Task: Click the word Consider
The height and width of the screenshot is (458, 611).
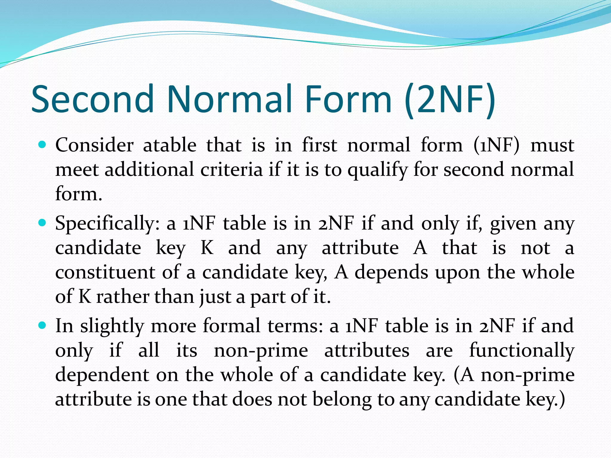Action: pyautogui.click(x=94, y=145)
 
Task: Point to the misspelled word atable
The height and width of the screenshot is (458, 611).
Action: pyautogui.click(x=170, y=145)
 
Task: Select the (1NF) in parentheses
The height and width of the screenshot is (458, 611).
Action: pyautogui.click(x=496, y=145)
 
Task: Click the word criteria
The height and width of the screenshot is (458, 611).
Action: pyautogui.click(x=232, y=170)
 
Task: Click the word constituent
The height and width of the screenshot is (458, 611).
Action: pyautogui.click(x=105, y=273)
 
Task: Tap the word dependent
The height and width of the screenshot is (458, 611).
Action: pyautogui.click(x=102, y=375)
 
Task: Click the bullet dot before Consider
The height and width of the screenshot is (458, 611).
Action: pyautogui.click(x=42, y=145)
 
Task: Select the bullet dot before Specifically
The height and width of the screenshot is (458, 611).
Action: pyautogui.click(x=42, y=223)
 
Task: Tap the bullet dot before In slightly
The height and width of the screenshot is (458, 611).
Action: pyautogui.click(x=42, y=325)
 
